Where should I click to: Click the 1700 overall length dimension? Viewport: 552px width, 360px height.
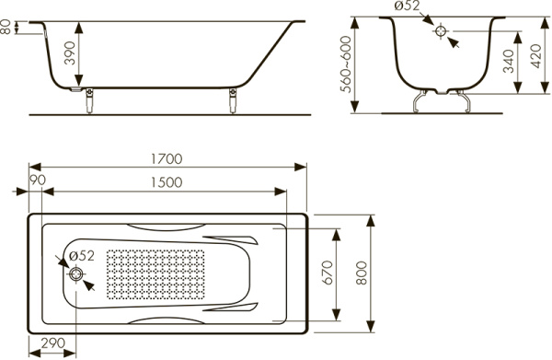tap(167, 159)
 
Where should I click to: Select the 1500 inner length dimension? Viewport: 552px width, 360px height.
tap(167, 182)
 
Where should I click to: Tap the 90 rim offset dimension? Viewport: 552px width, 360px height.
tap(38, 180)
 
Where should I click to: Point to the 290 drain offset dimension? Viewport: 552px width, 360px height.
tap(53, 343)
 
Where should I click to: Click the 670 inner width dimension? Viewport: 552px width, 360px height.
tap(327, 273)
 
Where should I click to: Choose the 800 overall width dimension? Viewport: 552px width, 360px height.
tap(362, 273)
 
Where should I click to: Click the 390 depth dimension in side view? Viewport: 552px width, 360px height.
tap(70, 52)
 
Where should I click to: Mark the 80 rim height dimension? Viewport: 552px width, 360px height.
tap(6, 27)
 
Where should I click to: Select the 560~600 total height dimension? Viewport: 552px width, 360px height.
tap(346, 64)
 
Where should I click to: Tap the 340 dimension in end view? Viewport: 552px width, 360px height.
tap(508, 62)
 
